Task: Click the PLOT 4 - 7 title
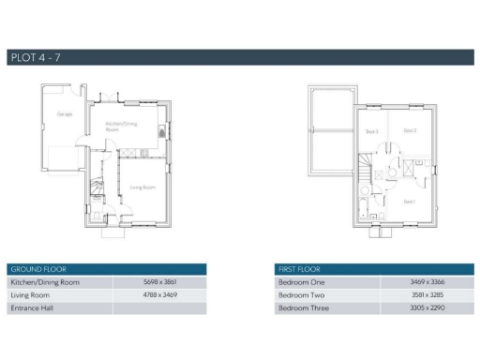pos(34,58)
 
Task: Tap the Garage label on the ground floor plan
pos(65,113)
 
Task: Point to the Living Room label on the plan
pos(142,187)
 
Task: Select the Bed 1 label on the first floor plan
pos(409,202)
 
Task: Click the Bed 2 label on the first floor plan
pos(409,130)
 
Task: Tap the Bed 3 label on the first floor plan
pos(371,131)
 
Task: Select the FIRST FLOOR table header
pos(297,268)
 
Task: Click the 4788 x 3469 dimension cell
pos(158,295)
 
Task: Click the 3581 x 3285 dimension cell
pos(426,295)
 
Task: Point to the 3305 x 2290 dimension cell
pos(426,308)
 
